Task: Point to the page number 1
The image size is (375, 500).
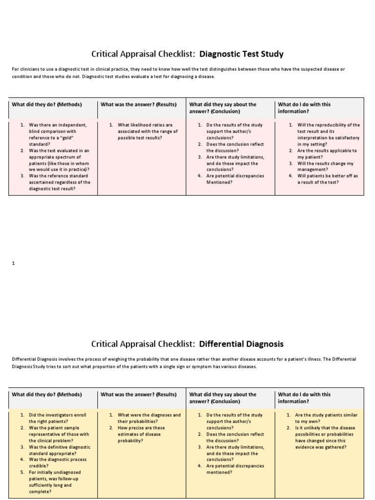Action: point(14,263)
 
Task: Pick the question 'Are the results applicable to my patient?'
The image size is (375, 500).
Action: point(327,154)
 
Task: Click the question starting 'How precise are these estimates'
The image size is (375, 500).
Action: point(142,434)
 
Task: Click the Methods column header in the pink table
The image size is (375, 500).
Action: point(47,104)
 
